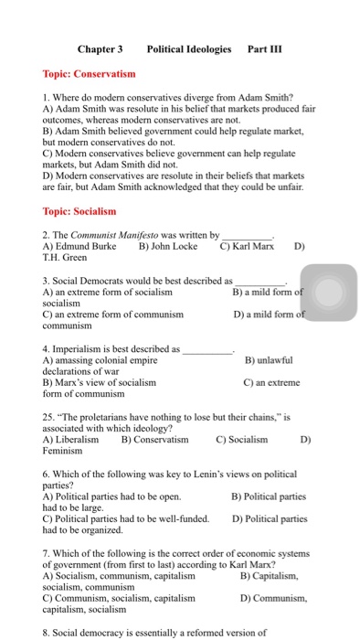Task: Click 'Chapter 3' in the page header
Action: pos(100,48)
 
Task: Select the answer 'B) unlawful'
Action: pos(269,360)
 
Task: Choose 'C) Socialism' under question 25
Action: pos(242,440)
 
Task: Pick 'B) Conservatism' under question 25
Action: pos(154,440)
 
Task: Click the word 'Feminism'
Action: pos(65,451)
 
